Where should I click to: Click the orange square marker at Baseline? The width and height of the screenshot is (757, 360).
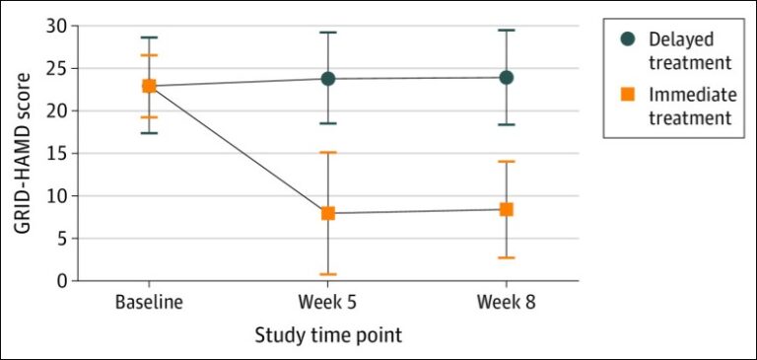pos(149,86)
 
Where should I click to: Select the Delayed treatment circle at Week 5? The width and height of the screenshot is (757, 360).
pos(327,78)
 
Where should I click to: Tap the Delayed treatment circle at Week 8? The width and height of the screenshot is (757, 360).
pos(506,77)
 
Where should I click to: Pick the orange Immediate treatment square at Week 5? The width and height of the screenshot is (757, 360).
pos(327,212)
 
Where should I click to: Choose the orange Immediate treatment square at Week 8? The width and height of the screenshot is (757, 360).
pos(506,209)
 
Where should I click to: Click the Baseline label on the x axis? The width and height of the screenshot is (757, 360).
pos(149,302)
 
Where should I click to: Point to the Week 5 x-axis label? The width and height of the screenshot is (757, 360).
pos(327,302)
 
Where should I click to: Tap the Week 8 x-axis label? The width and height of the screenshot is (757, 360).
pos(506,302)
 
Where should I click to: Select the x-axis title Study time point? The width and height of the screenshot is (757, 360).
pos(328,335)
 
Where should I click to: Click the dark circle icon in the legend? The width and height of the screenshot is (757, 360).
pos(627,39)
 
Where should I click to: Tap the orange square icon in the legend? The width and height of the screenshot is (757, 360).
pos(627,95)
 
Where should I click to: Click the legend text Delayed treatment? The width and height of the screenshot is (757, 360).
pos(689,51)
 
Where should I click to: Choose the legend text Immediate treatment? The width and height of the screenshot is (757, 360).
pos(689,107)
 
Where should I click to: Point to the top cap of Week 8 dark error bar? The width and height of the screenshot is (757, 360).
pos(506,31)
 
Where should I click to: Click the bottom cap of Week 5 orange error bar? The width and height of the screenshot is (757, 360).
pos(327,274)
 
